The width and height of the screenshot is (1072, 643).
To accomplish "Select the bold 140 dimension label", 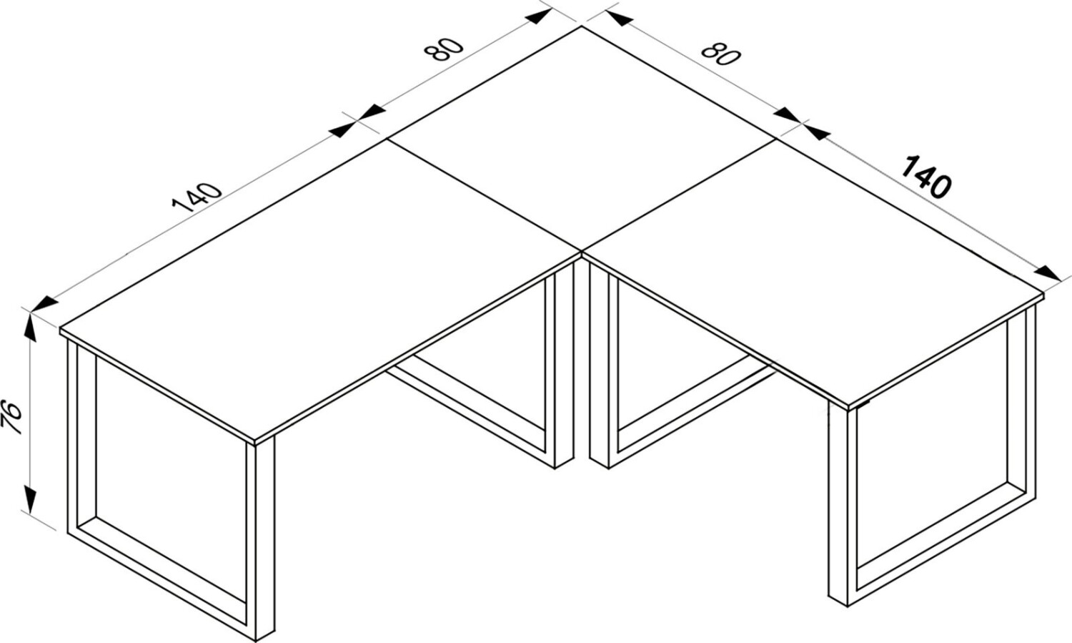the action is coord(926,177).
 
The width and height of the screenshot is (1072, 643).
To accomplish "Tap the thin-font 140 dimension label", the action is coord(197,197).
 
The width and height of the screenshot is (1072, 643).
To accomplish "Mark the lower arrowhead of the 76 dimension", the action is coord(30,500).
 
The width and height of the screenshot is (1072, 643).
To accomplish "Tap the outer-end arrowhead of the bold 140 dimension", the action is coord(1048,274).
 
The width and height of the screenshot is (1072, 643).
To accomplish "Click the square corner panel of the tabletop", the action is coord(582,139).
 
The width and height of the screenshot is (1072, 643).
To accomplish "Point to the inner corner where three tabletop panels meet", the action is coord(582,251).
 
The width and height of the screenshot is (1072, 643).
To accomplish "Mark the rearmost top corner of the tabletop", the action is coord(582,26).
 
